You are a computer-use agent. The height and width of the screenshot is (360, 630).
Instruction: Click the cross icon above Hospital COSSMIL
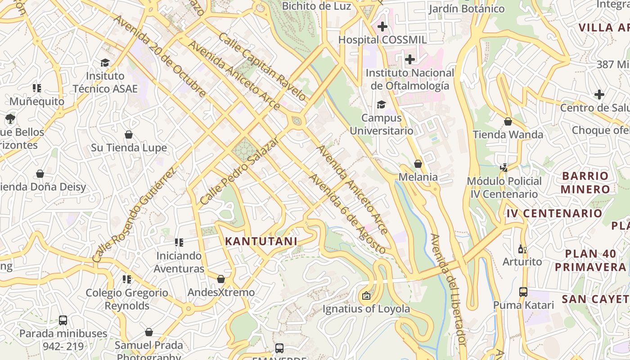pyautogui.click(x=382, y=27)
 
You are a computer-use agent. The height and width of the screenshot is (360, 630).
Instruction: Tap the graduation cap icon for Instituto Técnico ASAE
pyautogui.click(x=105, y=63)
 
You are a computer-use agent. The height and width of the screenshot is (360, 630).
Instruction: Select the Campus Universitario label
pyautogui.click(x=382, y=124)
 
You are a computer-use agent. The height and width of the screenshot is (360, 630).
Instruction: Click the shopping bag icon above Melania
pyautogui.click(x=418, y=164)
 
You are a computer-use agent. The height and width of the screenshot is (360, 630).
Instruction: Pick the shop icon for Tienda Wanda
pyautogui.click(x=508, y=121)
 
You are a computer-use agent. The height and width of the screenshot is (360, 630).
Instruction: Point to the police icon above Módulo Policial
pyautogui.click(x=504, y=168)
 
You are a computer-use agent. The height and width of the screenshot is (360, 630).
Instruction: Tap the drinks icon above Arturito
pyautogui.click(x=522, y=249)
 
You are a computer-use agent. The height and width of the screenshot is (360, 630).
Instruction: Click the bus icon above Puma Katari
pyautogui.click(x=523, y=292)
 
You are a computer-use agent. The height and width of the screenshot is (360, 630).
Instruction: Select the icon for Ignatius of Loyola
pyautogui.click(x=366, y=296)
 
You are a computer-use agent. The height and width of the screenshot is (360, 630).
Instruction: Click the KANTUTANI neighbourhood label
pyautogui.click(x=261, y=241)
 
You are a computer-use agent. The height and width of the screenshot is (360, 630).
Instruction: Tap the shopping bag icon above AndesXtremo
pyautogui.click(x=221, y=279)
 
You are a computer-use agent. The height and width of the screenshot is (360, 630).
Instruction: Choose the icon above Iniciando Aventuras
pyautogui.click(x=179, y=243)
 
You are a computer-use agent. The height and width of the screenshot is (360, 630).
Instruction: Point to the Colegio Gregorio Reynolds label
pyautogui.click(x=127, y=299)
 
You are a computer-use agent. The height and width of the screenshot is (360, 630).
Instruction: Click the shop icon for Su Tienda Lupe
pyautogui.click(x=129, y=135)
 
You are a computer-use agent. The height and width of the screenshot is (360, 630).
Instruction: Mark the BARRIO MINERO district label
pyautogui.click(x=585, y=182)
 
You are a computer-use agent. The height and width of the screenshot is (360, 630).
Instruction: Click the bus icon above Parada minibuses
pyautogui.click(x=63, y=320)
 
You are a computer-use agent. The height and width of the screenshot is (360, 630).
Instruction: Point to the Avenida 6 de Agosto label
pyautogui.click(x=347, y=214)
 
